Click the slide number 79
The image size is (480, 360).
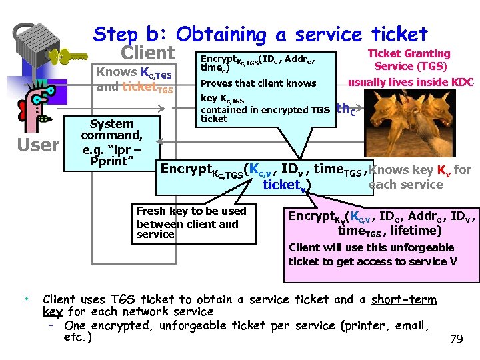coord(456,340)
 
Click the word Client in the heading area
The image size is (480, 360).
coord(148,53)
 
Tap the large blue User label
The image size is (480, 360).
coord(38,145)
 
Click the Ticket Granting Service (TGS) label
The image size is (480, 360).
coord(409,60)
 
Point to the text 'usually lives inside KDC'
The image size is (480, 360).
coord(411,83)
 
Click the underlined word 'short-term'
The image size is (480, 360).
coord(403,299)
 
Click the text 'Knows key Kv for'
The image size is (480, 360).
coord(419,170)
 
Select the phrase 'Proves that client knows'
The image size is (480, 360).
coord(259,83)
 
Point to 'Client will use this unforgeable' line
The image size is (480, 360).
coord(371,247)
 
